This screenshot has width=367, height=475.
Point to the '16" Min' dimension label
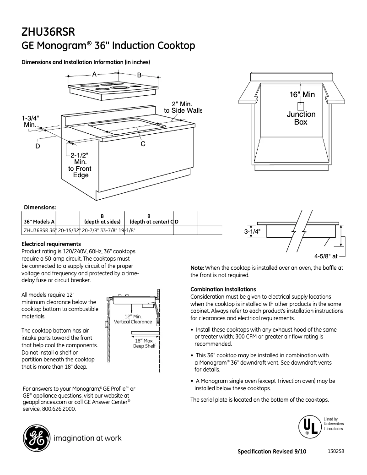point(302,94)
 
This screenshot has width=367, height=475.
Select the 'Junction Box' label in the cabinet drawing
point(301,118)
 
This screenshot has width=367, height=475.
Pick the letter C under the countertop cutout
point(143,144)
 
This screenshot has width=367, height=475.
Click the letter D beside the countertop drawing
point(38,146)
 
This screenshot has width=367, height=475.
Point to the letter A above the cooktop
point(94,74)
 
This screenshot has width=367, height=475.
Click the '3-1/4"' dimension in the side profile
point(253,232)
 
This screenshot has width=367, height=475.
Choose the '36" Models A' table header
point(39,222)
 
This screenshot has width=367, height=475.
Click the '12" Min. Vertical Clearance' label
point(133,319)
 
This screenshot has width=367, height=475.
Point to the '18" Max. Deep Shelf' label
point(144,343)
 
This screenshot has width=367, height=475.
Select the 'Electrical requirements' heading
point(51,244)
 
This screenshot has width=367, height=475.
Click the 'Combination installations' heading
point(223,289)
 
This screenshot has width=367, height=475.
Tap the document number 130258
point(336,451)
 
